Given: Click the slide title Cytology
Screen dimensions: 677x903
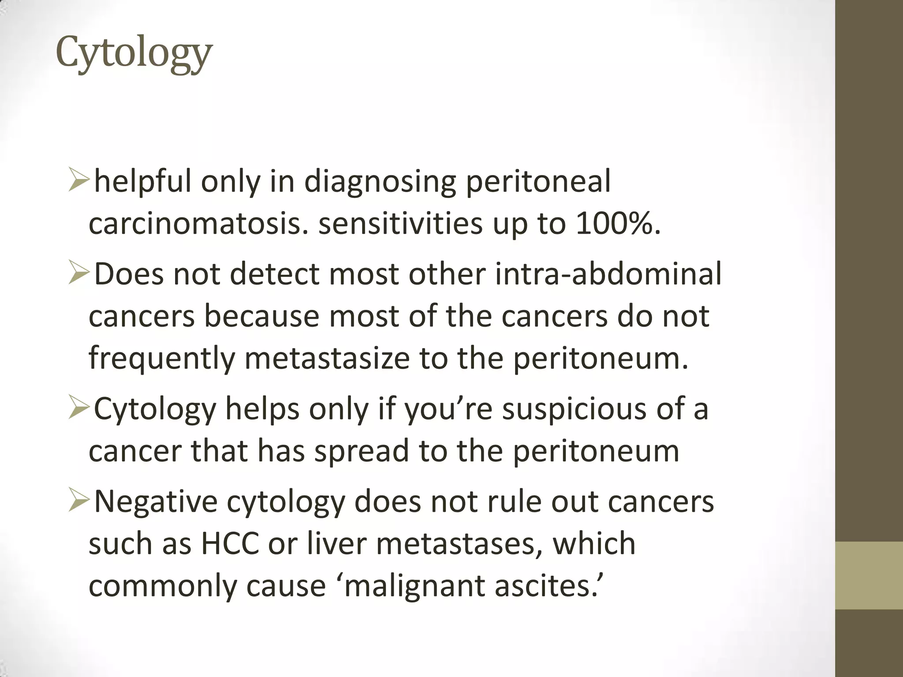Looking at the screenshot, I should tap(134, 54).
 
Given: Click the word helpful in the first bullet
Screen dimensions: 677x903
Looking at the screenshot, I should tap(143, 182).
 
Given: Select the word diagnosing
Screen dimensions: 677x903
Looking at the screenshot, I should tap(380, 182).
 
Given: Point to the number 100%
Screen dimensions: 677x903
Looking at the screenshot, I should tap(617, 224).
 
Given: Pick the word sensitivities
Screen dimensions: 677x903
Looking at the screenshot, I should tap(400, 224).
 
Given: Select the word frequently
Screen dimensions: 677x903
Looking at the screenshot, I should tap(161, 358).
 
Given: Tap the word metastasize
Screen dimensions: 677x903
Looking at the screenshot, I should tap(327, 358).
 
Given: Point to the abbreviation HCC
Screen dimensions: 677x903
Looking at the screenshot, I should tap(230, 544).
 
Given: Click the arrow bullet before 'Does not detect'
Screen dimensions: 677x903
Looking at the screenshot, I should tap(79, 273).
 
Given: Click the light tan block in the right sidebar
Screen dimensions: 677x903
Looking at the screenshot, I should tap(869, 576).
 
